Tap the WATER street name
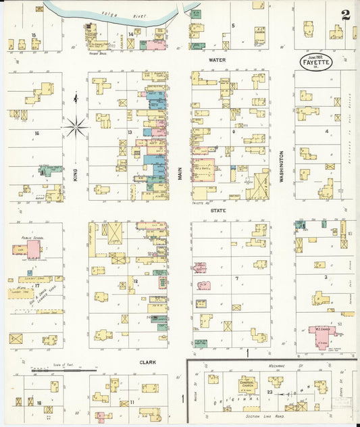217,60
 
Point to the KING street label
76,175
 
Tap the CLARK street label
148,362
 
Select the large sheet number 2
346,15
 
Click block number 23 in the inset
270,393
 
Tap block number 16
36,133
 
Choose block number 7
236,278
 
